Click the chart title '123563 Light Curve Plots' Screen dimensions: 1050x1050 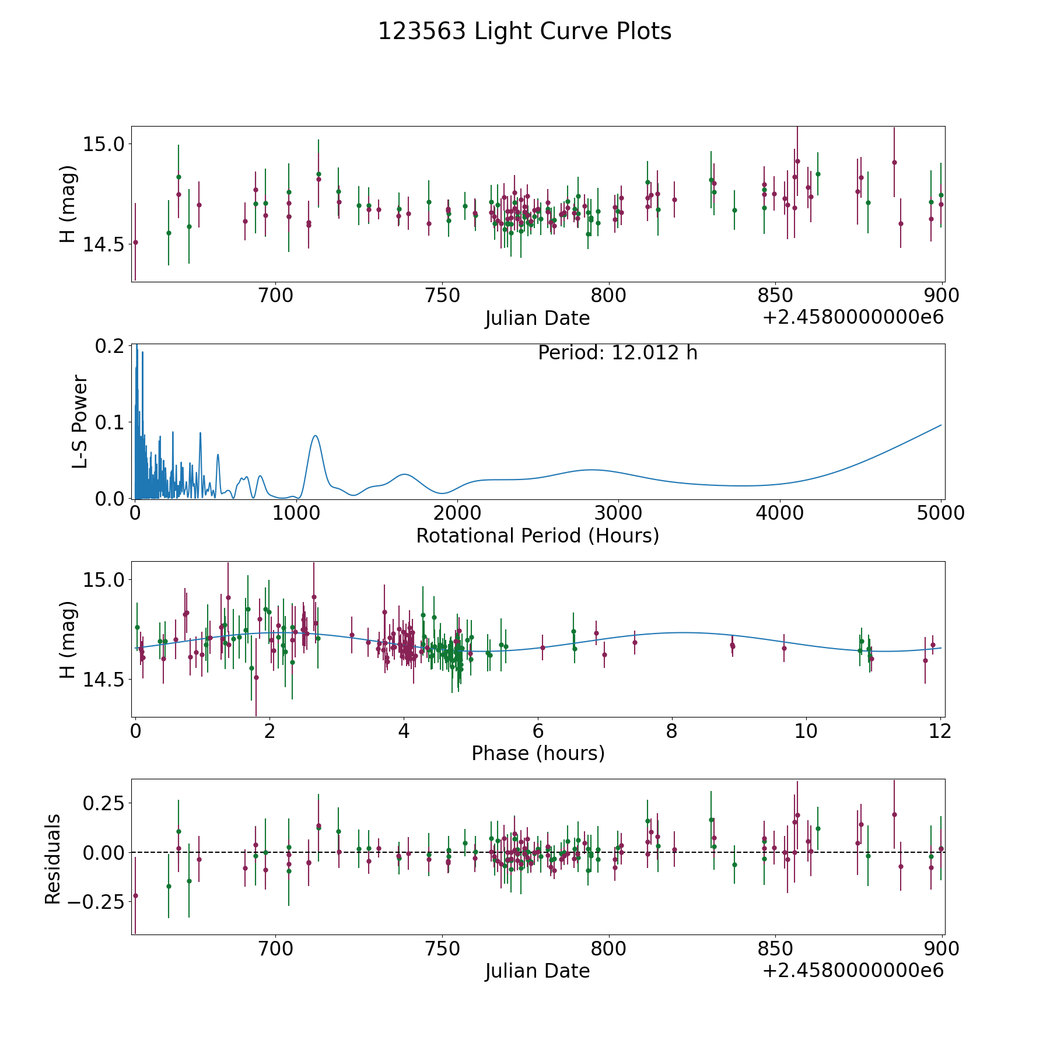(x=524, y=32)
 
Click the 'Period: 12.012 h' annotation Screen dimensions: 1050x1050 (x=617, y=353)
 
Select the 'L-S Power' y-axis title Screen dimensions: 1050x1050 (x=80, y=422)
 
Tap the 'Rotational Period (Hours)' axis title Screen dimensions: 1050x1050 (x=537, y=535)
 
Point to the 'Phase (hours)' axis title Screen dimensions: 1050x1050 (x=538, y=753)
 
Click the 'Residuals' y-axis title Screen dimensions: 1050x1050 (x=53, y=859)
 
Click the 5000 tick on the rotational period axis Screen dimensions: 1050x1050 (x=940, y=513)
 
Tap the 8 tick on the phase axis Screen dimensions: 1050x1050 (x=672, y=731)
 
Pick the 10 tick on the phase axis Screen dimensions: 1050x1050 (x=806, y=731)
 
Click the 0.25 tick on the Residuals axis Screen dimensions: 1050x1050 (x=104, y=803)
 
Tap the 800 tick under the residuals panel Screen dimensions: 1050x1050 (x=608, y=949)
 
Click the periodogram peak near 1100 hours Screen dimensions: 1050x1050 (x=315, y=436)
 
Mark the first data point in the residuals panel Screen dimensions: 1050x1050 (x=135, y=895)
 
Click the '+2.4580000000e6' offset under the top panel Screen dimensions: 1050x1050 (x=853, y=317)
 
